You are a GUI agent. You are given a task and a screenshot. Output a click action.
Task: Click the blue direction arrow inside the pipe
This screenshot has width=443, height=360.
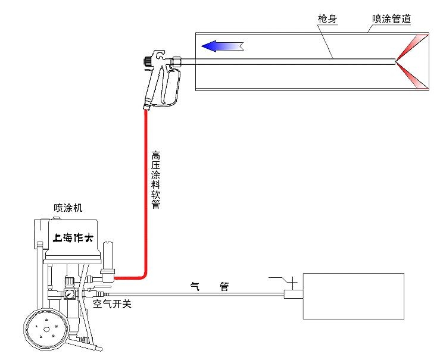pyautogui.click(x=222, y=45)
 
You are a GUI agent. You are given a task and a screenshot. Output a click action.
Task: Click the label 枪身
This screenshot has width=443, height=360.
pyautogui.click(x=327, y=20)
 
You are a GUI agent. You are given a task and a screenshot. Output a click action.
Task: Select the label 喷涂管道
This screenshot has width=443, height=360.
pyautogui.click(x=391, y=20)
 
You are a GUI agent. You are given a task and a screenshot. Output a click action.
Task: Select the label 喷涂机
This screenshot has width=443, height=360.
pyautogui.click(x=68, y=208)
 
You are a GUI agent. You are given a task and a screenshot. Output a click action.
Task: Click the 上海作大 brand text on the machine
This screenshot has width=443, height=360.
pyautogui.click(x=73, y=239)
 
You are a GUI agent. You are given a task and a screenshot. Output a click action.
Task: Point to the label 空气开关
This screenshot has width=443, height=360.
pyautogui.click(x=113, y=305)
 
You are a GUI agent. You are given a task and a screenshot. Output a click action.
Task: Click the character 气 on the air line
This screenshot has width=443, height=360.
pyautogui.click(x=194, y=286)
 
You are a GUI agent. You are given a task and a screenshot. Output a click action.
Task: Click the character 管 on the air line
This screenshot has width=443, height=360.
pyautogui.click(x=224, y=286)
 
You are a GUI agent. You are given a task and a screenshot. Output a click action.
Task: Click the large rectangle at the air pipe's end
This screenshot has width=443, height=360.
pyautogui.click(x=353, y=295)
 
